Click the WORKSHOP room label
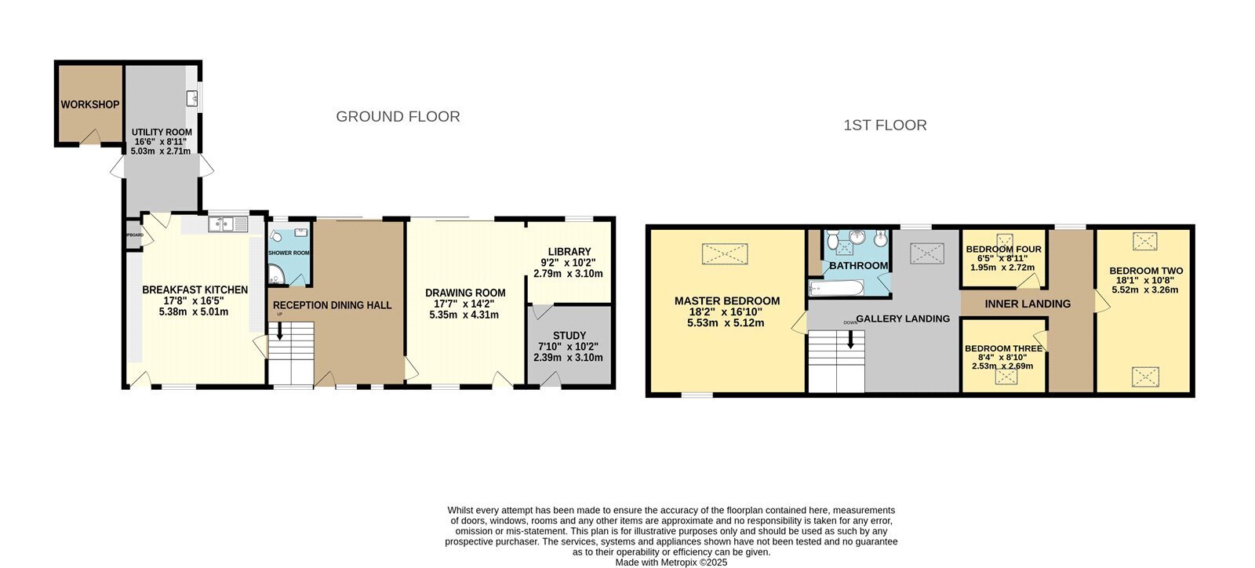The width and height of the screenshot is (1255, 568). click(89, 105)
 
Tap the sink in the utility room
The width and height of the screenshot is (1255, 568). click(192, 97)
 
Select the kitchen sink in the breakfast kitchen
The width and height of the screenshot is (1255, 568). click(228, 224)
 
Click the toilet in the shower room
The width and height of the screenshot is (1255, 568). click(276, 237)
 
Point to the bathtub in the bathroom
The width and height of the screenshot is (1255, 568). click(836, 288)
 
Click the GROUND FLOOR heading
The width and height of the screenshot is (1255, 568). click(398, 117)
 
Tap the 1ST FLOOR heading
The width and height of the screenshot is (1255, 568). click(886, 125)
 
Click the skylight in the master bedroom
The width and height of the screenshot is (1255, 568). click(725, 253)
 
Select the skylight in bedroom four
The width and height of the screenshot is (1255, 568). click(1004, 240)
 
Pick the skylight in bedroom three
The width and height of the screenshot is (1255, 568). click(1006, 377)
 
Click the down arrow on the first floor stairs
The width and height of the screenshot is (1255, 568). click(850, 339)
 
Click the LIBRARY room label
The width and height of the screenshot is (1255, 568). click(569, 252)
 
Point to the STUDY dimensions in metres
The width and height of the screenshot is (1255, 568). click(568, 358)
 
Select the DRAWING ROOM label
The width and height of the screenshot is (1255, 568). click(465, 293)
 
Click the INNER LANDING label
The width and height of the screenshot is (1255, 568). click(1028, 304)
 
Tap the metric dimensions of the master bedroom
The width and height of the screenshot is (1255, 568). click(726, 323)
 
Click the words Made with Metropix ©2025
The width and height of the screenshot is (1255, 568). click(671, 562)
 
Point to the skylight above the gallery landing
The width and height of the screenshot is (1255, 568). click(926, 253)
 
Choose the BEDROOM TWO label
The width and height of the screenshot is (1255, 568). click(1146, 271)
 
